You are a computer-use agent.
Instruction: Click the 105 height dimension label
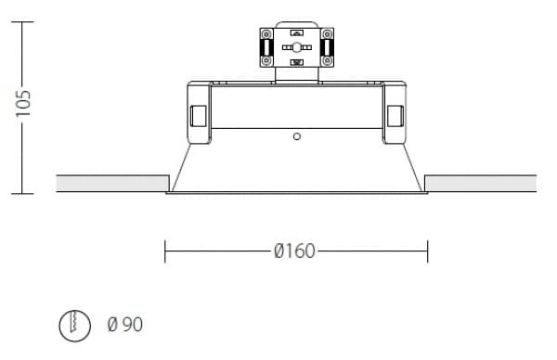tap(23, 103)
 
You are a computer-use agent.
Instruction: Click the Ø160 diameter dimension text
tap(294, 251)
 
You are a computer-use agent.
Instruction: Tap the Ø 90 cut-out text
tap(125, 324)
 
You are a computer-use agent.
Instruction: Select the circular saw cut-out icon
tap(74, 326)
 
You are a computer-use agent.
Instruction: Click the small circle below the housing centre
tap(297, 136)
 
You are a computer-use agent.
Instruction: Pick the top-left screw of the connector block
tap(266, 34)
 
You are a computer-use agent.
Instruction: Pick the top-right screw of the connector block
tap(327, 34)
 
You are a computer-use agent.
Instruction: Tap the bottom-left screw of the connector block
tap(266, 61)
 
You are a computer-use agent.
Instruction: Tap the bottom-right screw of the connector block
tap(327, 61)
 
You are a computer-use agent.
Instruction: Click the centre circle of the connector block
tap(297, 47)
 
